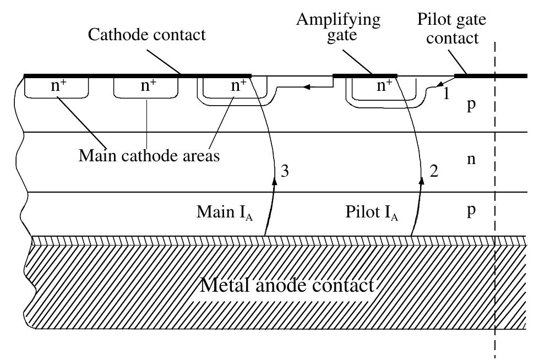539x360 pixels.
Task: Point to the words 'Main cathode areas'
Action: pos(149,155)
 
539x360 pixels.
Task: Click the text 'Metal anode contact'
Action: pos(287,285)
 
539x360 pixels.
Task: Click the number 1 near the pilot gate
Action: pos(447,94)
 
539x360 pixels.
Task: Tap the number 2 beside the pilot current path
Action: pos(433,171)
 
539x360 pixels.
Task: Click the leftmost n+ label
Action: pos(57,86)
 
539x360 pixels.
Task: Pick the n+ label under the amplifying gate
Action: pos(385,86)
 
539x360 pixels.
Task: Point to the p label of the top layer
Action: pos(470,105)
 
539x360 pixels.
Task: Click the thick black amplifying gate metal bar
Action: pos(365,75)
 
